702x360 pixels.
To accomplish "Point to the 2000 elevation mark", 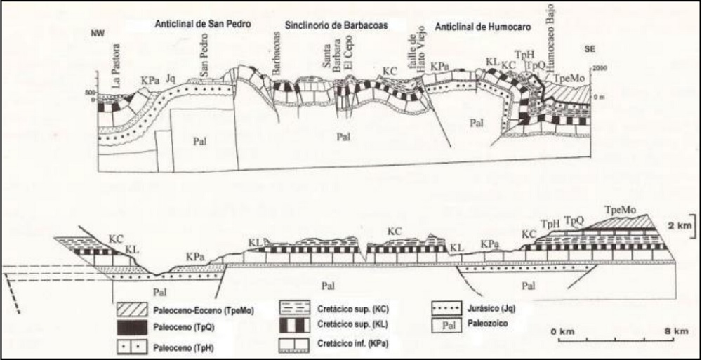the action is click(599, 68).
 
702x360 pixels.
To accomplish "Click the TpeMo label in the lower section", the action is click(617, 210).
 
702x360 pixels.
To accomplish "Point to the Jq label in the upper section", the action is click(171, 80).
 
